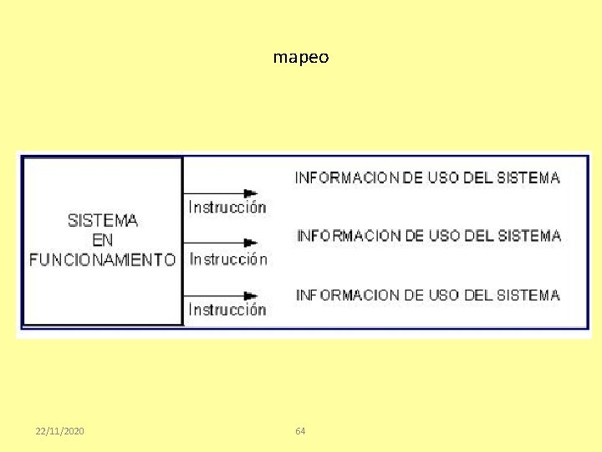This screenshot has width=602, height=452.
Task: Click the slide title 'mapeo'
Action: click(x=301, y=58)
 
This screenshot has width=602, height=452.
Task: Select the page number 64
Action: click(x=301, y=431)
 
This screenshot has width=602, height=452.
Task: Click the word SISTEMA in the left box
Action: click(x=103, y=221)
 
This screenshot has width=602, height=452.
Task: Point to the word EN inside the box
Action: click(x=103, y=240)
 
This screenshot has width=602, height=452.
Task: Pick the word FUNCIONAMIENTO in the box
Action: click(x=103, y=259)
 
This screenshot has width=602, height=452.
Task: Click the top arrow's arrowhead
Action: click(x=250, y=193)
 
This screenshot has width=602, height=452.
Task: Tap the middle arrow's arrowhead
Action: click(x=250, y=243)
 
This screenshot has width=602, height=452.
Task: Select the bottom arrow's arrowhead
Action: click(x=250, y=295)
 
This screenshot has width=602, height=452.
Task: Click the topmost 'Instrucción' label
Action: click(x=227, y=207)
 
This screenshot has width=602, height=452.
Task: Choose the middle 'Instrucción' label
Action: click(x=228, y=259)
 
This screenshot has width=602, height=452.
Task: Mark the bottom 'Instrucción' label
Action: click(x=227, y=310)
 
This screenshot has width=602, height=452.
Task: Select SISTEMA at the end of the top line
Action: click(x=528, y=177)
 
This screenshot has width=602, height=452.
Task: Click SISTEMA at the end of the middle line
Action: click(x=529, y=236)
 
